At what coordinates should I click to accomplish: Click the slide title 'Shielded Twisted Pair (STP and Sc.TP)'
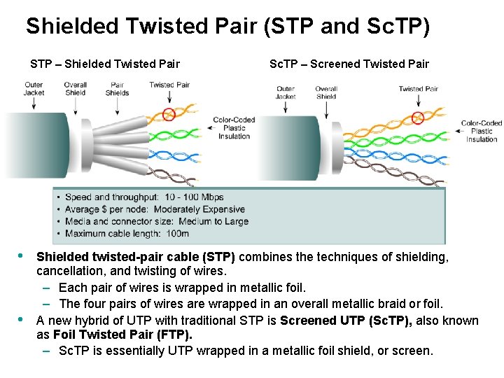point(227,27)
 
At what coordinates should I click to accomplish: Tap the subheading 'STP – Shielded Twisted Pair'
point(105,64)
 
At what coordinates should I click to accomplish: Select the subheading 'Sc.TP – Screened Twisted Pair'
point(349,64)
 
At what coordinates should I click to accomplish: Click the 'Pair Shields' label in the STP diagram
point(117,89)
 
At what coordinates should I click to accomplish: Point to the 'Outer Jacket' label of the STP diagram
point(34,89)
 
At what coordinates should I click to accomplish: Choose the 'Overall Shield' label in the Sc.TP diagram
point(326,92)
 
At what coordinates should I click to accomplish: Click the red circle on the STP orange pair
point(168,113)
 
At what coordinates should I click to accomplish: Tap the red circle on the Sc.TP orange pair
point(418,117)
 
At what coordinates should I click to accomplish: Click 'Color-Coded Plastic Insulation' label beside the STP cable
point(234,128)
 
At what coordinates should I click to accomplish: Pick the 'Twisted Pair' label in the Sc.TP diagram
point(418,89)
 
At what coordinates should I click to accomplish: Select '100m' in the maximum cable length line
point(178,233)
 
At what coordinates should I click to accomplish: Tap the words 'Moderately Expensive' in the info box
point(199,209)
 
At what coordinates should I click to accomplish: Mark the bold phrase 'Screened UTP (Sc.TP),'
point(344,321)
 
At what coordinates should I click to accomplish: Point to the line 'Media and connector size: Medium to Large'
point(156,221)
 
